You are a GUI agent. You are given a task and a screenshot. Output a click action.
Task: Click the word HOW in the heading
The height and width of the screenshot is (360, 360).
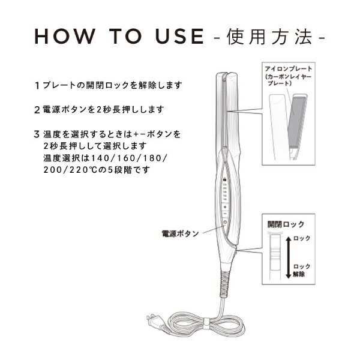(62, 37)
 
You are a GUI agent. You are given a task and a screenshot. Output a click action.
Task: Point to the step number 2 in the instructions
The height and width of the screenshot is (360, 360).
(37, 110)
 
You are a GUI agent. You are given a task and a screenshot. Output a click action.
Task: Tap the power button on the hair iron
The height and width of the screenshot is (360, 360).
(224, 223)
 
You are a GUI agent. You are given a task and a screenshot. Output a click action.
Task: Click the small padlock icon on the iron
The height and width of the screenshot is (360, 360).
(224, 179)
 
